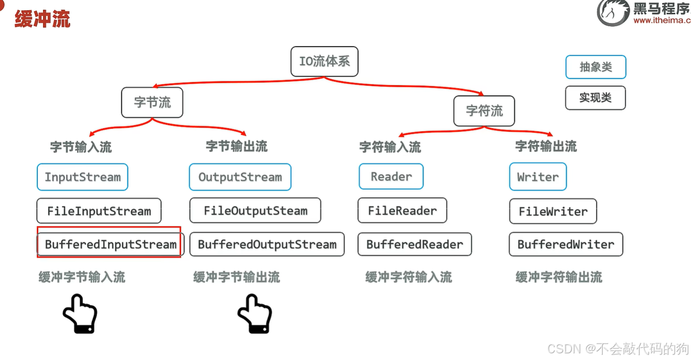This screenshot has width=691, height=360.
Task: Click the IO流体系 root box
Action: coord(324,62)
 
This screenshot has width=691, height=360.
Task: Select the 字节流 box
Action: coord(152,102)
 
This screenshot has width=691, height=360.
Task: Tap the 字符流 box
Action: coord(484,111)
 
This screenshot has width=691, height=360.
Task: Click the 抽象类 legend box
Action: coord(596,67)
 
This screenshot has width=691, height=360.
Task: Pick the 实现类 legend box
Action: coord(596,98)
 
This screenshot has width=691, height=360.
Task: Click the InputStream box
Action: coord(82,177)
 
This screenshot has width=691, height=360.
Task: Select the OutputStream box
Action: coord(240,177)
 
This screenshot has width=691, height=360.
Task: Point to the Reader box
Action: coord(391,177)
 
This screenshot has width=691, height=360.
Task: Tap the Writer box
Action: coord(538,177)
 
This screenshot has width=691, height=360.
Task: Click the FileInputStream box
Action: coord(99,211)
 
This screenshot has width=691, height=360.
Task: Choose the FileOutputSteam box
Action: coord(255,211)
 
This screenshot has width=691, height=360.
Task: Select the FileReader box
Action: coord(402,211)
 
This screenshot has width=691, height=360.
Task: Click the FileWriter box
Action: coord(553,211)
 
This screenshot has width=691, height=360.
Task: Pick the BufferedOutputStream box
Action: coord(267,244)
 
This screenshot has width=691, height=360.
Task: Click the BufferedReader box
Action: coord(414,244)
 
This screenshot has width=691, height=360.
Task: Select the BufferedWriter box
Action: coord(566,244)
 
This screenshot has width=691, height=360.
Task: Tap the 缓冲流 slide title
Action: coord(42,19)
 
